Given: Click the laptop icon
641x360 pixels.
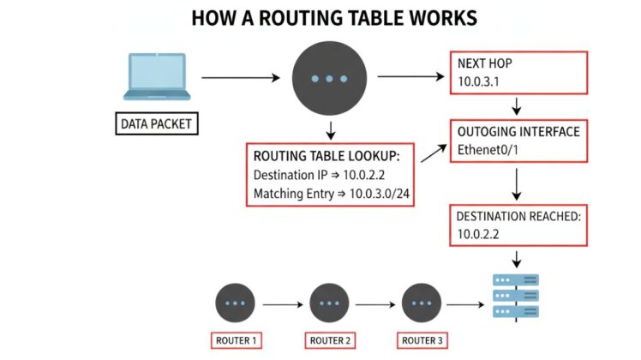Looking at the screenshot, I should pyautogui.click(x=156, y=78).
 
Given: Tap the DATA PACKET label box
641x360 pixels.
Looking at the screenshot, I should pyautogui.click(x=156, y=125).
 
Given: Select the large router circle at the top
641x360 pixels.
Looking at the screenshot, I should pyautogui.click(x=329, y=78).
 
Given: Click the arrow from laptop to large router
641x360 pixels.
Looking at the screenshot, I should pyautogui.click(x=241, y=78).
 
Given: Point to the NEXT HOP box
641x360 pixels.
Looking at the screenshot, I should pyautogui.click(x=518, y=73).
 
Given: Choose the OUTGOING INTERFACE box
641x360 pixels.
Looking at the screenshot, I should pyautogui.click(x=518, y=141).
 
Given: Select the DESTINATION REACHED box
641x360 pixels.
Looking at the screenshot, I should pyautogui.click(x=518, y=224).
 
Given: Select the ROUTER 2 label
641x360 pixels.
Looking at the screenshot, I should pyautogui.click(x=329, y=340).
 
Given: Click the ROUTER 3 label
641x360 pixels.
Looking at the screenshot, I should pyautogui.click(x=422, y=340).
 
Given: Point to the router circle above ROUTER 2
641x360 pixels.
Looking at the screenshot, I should pyautogui.click(x=329, y=303).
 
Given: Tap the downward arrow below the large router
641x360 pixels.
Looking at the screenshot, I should pyautogui.click(x=329, y=129).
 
